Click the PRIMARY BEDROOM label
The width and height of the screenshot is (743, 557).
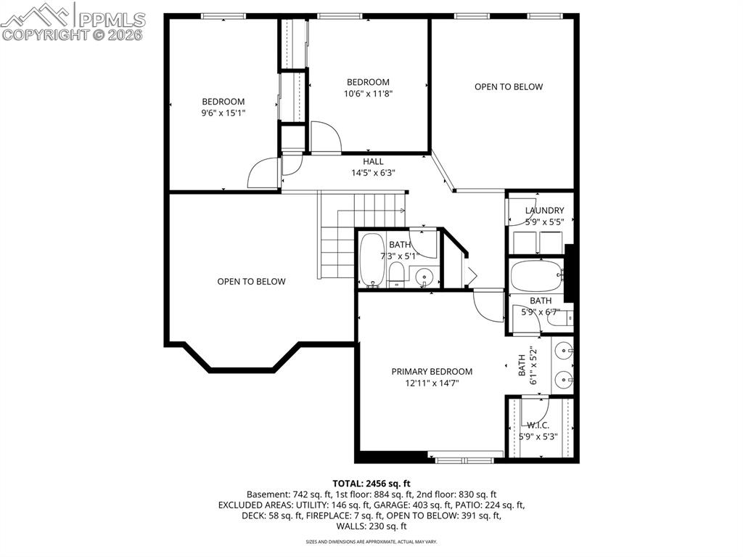coord(432,371)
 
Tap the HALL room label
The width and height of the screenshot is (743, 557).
coord(373,161)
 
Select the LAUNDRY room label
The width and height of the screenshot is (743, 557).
coord(544,211)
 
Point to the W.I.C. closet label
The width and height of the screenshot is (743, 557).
coord(538,425)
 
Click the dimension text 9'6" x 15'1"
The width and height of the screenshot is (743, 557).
coord(223,113)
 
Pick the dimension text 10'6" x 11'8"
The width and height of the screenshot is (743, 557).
coord(368,93)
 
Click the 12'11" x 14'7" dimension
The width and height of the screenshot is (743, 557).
coord(432,383)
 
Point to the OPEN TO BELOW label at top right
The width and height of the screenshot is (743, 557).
coord(509,86)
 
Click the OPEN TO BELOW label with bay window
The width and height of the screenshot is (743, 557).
coord(251,281)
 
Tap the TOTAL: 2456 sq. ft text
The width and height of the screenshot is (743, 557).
coord(371,483)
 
